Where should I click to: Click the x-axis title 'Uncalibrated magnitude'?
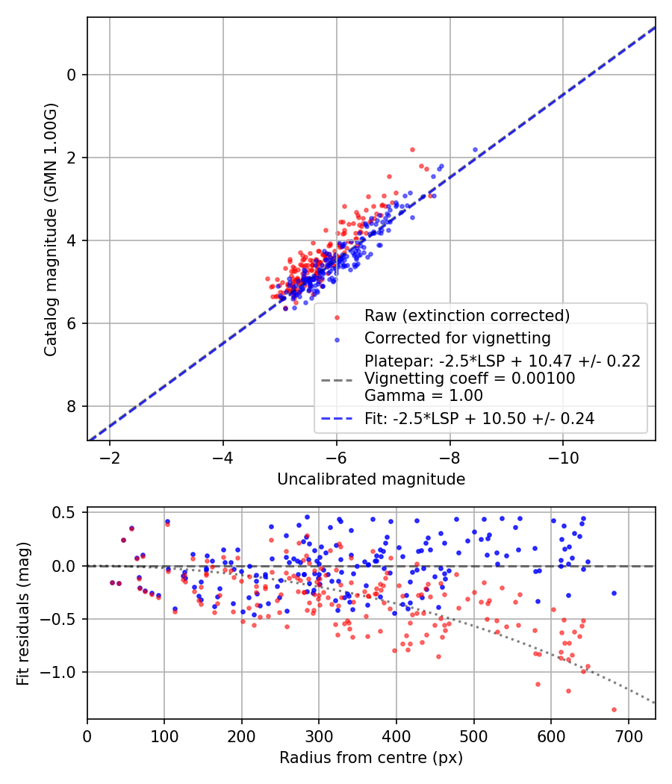point(371,479)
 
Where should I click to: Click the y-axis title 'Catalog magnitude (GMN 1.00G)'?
point(50,229)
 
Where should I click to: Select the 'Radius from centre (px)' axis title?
point(371,758)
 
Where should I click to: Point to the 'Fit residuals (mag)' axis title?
point(23,613)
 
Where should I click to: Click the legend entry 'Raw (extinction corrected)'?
point(467,316)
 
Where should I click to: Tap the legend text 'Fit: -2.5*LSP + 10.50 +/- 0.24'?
point(479,419)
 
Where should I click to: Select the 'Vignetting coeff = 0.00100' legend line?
point(470,379)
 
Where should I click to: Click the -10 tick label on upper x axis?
point(563,456)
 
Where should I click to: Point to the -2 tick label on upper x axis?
point(110,456)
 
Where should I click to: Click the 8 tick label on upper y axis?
point(72,406)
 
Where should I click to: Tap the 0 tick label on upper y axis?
point(72,75)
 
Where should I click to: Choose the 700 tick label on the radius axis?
point(628,735)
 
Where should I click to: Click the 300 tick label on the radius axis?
point(319,735)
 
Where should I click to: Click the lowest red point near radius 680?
point(614,709)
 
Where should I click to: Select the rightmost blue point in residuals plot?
point(614,593)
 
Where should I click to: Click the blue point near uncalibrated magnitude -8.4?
point(475,150)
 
